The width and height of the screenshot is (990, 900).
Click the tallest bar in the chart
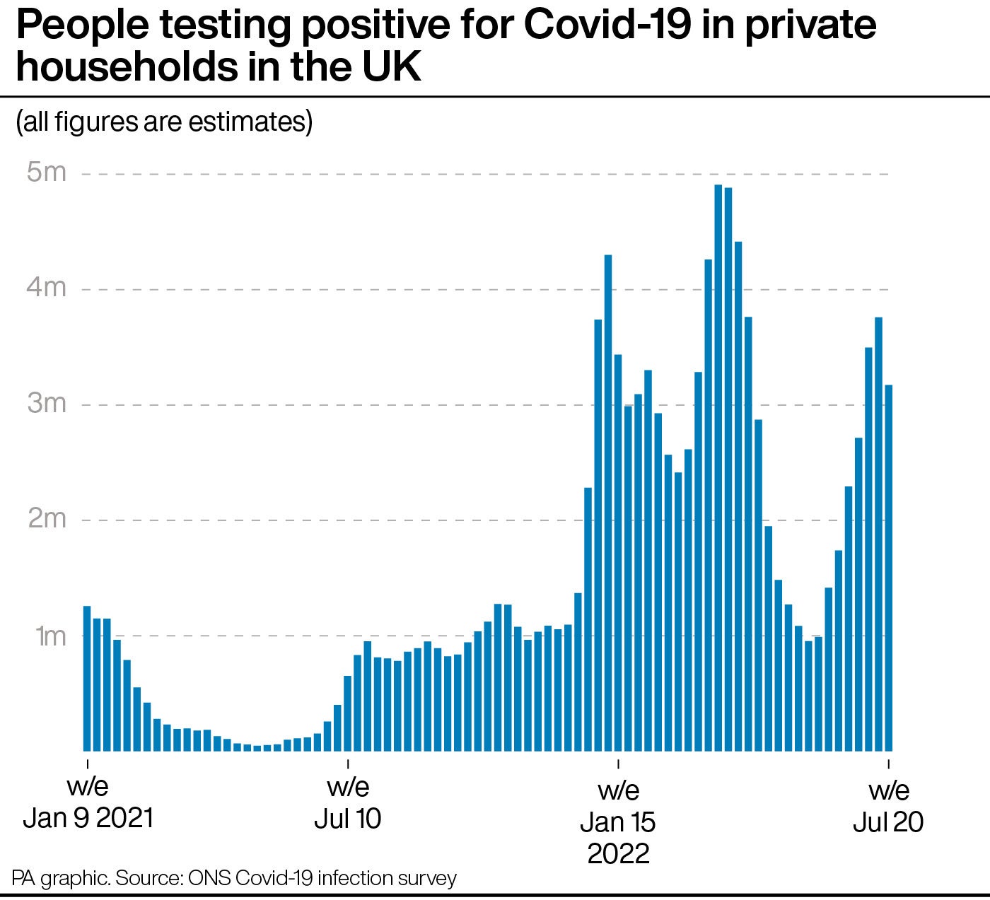point(718,467)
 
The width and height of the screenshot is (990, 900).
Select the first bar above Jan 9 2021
point(87,679)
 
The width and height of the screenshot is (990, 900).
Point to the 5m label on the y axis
point(46,172)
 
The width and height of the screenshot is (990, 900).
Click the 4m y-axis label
point(46,287)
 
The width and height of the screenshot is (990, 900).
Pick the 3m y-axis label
point(46,403)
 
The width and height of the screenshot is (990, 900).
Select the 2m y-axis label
point(46,518)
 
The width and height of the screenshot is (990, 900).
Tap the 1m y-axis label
point(50,636)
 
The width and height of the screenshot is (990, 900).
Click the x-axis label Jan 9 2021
point(88,802)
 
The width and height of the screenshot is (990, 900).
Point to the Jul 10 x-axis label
point(347,802)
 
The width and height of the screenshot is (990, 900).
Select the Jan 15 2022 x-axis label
point(618,822)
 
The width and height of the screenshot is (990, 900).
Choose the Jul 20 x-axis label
point(888,806)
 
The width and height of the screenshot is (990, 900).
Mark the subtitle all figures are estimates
point(164,122)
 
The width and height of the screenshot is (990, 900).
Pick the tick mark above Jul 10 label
point(347,763)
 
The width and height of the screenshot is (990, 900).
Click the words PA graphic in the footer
point(60,878)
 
